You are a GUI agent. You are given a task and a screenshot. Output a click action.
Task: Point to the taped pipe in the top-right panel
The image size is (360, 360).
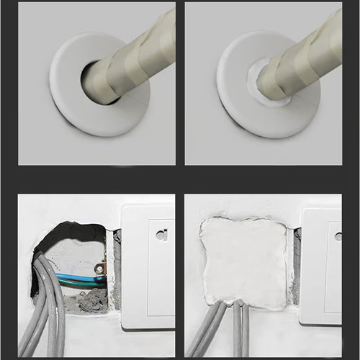click(x=302, y=54)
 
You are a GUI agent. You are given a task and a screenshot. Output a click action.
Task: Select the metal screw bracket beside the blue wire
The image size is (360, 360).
click(x=99, y=270)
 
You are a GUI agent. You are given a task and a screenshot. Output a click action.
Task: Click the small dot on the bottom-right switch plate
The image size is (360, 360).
click(x=338, y=235)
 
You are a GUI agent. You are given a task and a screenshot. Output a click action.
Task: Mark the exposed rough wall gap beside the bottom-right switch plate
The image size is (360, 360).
click(x=296, y=266)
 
